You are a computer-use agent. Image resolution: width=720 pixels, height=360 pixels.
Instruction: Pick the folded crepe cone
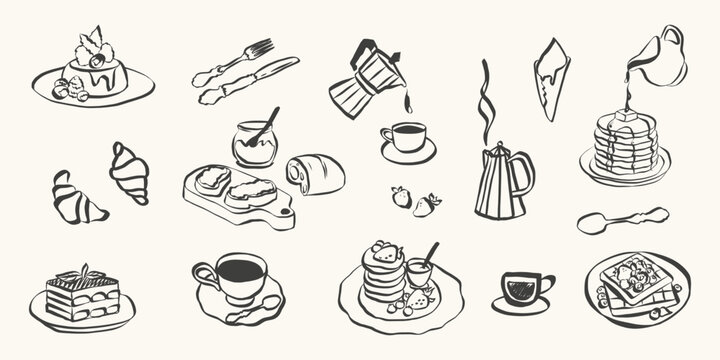(551, 76)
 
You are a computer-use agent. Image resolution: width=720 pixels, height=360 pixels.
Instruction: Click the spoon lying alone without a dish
(620, 219)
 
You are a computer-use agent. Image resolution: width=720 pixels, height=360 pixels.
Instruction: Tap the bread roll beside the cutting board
(316, 174)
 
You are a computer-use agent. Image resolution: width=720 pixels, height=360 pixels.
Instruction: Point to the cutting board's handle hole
(286, 213)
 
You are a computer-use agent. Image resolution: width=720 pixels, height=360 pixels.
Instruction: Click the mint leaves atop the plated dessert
(91, 43)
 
